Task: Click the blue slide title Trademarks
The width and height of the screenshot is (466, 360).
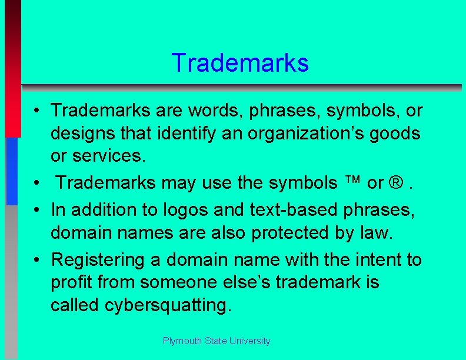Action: [x=239, y=63]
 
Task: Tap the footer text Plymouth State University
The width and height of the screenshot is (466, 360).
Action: [x=217, y=341]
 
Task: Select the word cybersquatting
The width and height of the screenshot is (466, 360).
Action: [x=171, y=305]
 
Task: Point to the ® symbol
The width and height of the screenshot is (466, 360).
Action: [x=395, y=184]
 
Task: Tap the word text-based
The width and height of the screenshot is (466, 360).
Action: [x=277, y=209]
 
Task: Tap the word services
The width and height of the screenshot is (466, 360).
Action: [x=117, y=156]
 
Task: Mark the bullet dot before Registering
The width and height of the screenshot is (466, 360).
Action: [x=36, y=260]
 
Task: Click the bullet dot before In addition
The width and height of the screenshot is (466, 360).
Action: [x=36, y=209]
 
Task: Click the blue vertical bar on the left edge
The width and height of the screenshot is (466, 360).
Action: [x=12, y=171]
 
